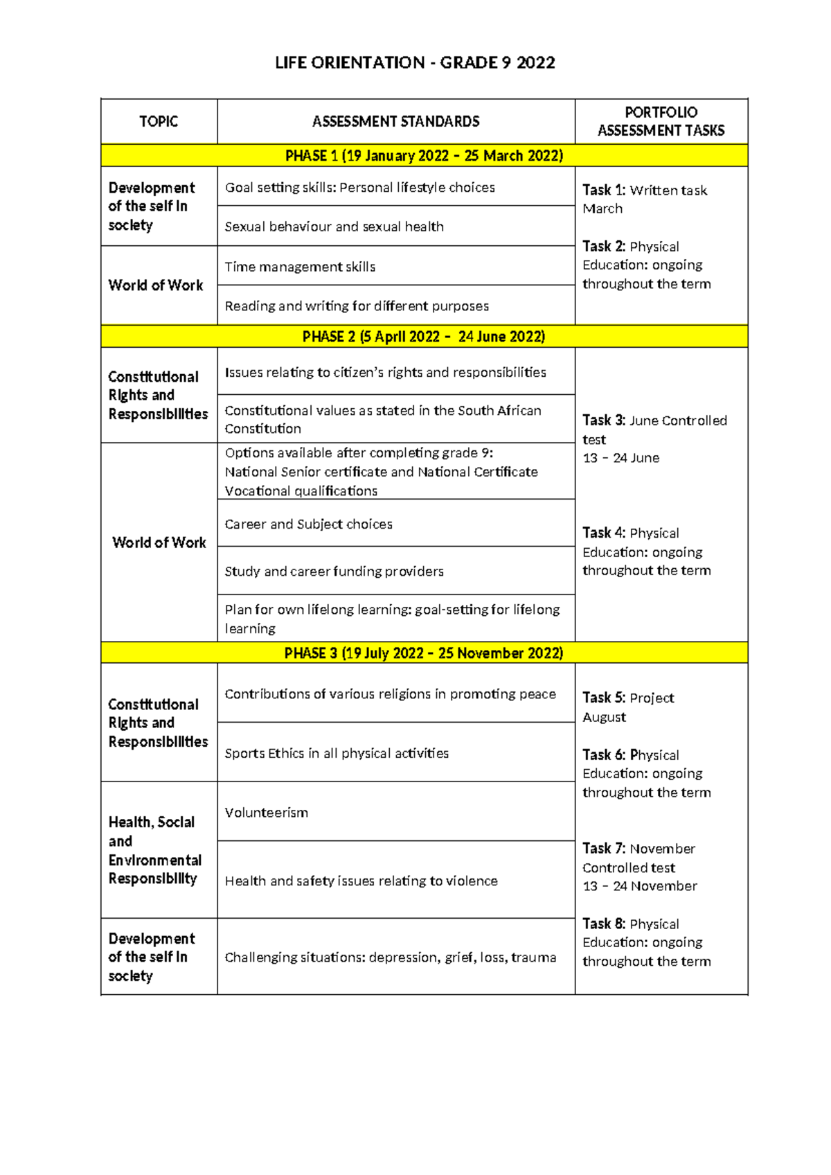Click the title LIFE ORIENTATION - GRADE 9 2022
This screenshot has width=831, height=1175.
click(x=415, y=63)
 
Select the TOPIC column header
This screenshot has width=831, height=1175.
click(x=159, y=122)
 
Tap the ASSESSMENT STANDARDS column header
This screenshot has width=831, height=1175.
click(x=395, y=122)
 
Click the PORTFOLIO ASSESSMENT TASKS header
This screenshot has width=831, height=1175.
click(x=661, y=121)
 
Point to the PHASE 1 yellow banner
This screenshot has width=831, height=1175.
click(x=424, y=156)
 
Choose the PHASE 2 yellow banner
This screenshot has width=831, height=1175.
click(x=424, y=337)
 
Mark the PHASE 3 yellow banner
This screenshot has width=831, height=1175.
click(x=424, y=653)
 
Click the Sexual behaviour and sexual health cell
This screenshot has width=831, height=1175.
click(x=334, y=227)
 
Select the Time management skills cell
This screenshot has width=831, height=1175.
click(x=300, y=267)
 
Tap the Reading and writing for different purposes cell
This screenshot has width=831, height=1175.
click(x=357, y=306)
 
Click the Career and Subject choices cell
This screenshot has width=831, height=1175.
click(x=309, y=524)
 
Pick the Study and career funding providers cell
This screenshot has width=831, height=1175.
click(x=334, y=572)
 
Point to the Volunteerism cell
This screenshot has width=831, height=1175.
click(x=267, y=813)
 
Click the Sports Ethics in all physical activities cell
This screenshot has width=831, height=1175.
click(x=337, y=753)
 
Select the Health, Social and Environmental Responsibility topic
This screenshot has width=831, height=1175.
click(x=155, y=850)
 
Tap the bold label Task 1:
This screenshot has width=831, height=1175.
click(x=603, y=190)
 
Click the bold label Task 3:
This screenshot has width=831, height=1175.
click(x=603, y=421)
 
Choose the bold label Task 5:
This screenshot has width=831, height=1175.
click(x=603, y=698)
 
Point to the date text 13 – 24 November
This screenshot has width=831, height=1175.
click(x=640, y=886)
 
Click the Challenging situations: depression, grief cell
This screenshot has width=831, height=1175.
click(x=391, y=957)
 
